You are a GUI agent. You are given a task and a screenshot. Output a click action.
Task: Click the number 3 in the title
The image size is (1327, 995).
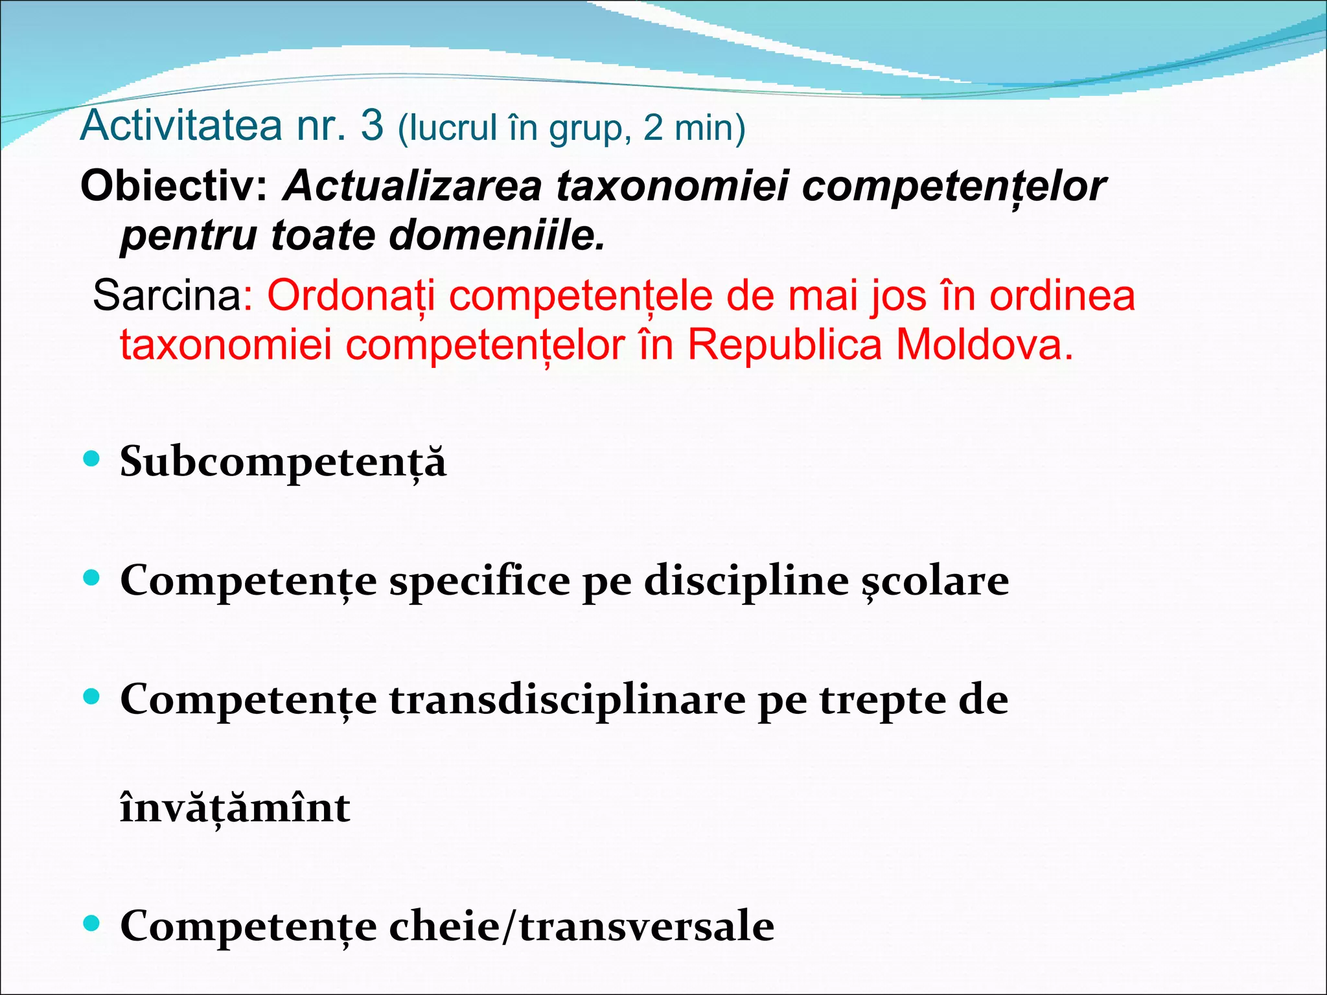(372, 126)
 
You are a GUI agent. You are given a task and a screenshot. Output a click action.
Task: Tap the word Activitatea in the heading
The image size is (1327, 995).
(181, 126)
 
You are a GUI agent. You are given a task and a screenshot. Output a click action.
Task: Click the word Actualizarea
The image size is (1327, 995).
(413, 187)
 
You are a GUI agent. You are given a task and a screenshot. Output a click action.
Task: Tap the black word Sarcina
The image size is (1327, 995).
(167, 296)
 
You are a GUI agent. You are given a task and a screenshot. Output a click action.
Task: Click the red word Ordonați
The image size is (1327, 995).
(351, 296)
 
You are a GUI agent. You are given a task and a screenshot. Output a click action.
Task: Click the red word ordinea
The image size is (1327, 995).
(1063, 296)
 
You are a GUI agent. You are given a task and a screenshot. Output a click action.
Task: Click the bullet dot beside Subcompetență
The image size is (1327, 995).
(92, 459)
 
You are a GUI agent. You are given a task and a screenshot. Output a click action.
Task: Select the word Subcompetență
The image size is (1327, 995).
(283, 463)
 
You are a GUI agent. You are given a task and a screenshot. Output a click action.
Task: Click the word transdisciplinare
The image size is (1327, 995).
(567, 700)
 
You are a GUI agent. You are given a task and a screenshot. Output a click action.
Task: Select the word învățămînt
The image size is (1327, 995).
(235, 808)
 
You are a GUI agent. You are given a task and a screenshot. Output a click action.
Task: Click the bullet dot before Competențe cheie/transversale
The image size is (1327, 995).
(92, 922)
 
